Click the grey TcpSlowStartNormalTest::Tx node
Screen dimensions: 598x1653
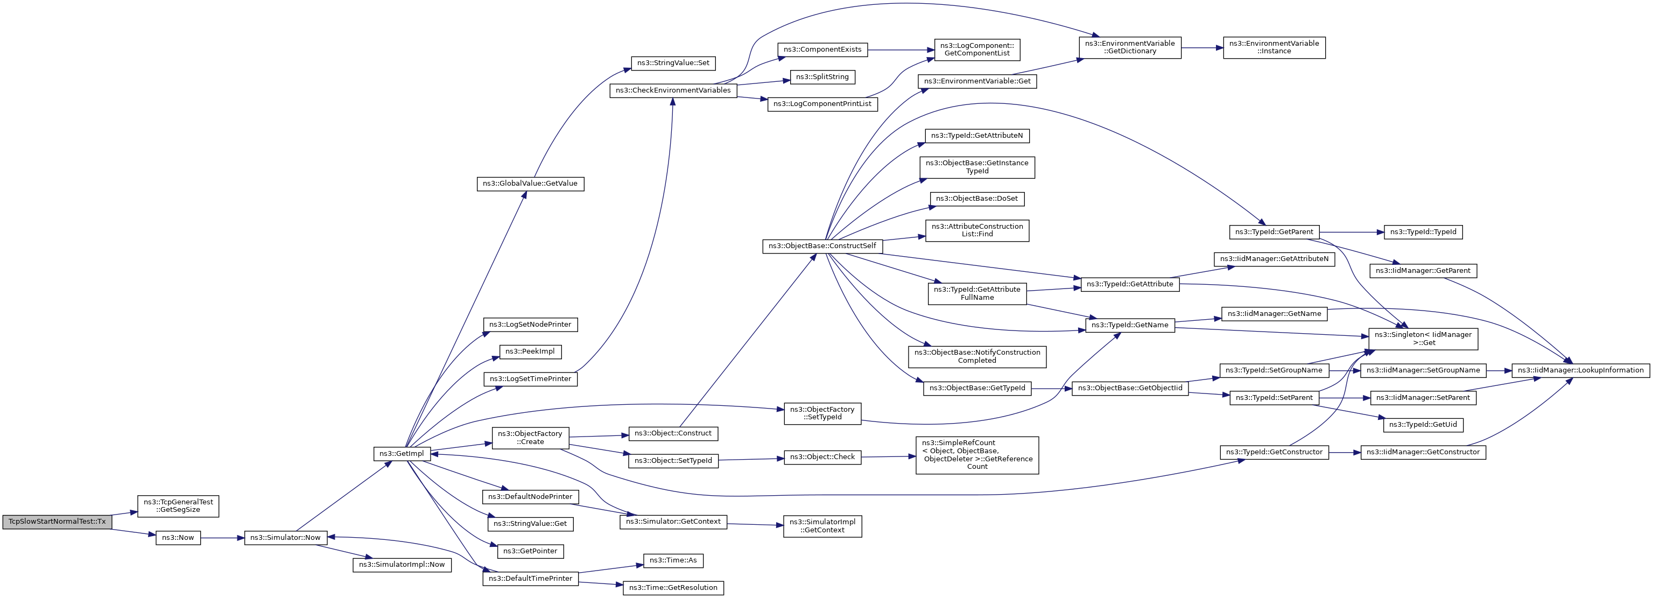pos(57,522)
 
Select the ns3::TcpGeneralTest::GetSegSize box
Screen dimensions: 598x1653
pos(178,505)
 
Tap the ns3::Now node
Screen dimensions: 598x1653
pos(178,538)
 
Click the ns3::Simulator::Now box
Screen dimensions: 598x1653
pos(285,538)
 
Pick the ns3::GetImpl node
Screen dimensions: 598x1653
pos(401,454)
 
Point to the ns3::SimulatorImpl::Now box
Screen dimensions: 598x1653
pos(402,565)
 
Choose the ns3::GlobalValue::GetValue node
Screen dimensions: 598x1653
pos(530,184)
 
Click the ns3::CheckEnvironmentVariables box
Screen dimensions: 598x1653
pos(672,90)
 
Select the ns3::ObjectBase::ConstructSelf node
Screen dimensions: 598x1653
pos(822,246)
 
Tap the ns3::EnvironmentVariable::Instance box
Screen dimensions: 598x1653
pos(1273,47)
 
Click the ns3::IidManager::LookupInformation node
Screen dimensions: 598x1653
pos(1580,370)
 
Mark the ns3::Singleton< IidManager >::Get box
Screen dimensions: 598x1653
pos(1423,338)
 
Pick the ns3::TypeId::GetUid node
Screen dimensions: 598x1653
pos(1422,425)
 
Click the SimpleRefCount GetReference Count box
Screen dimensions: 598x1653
pos(976,455)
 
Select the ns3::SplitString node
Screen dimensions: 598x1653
pos(822,77)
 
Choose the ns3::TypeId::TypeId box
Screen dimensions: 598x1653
pos(1422,233)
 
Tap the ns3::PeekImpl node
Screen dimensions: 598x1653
pos(530,351)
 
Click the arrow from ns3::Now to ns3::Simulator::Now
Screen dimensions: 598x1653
pos(222,538)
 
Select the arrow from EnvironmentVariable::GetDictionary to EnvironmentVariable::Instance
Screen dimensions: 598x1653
pos(1201,47)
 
